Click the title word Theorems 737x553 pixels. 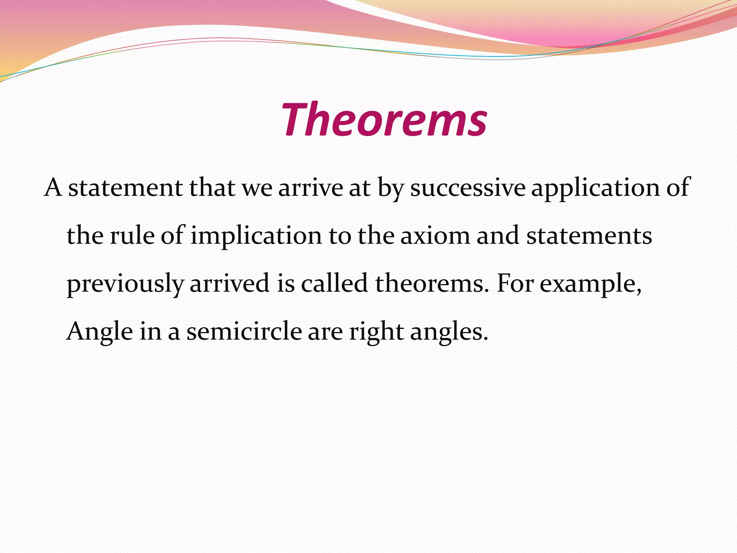pyautogui.click(x=384, y=120)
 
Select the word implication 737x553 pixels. pyautogui.click(x=256, y=236)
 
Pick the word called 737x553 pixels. pyautogui.click(x=334, y=283)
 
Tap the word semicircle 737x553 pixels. pyautogui.click(x=244, y=331)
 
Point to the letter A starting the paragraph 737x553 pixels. pyautogui.click(x=53, y=188)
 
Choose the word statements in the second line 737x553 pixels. pyautogui.click(x=589, y=236)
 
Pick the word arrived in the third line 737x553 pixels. pyautogui.click(x=230, y=283)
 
